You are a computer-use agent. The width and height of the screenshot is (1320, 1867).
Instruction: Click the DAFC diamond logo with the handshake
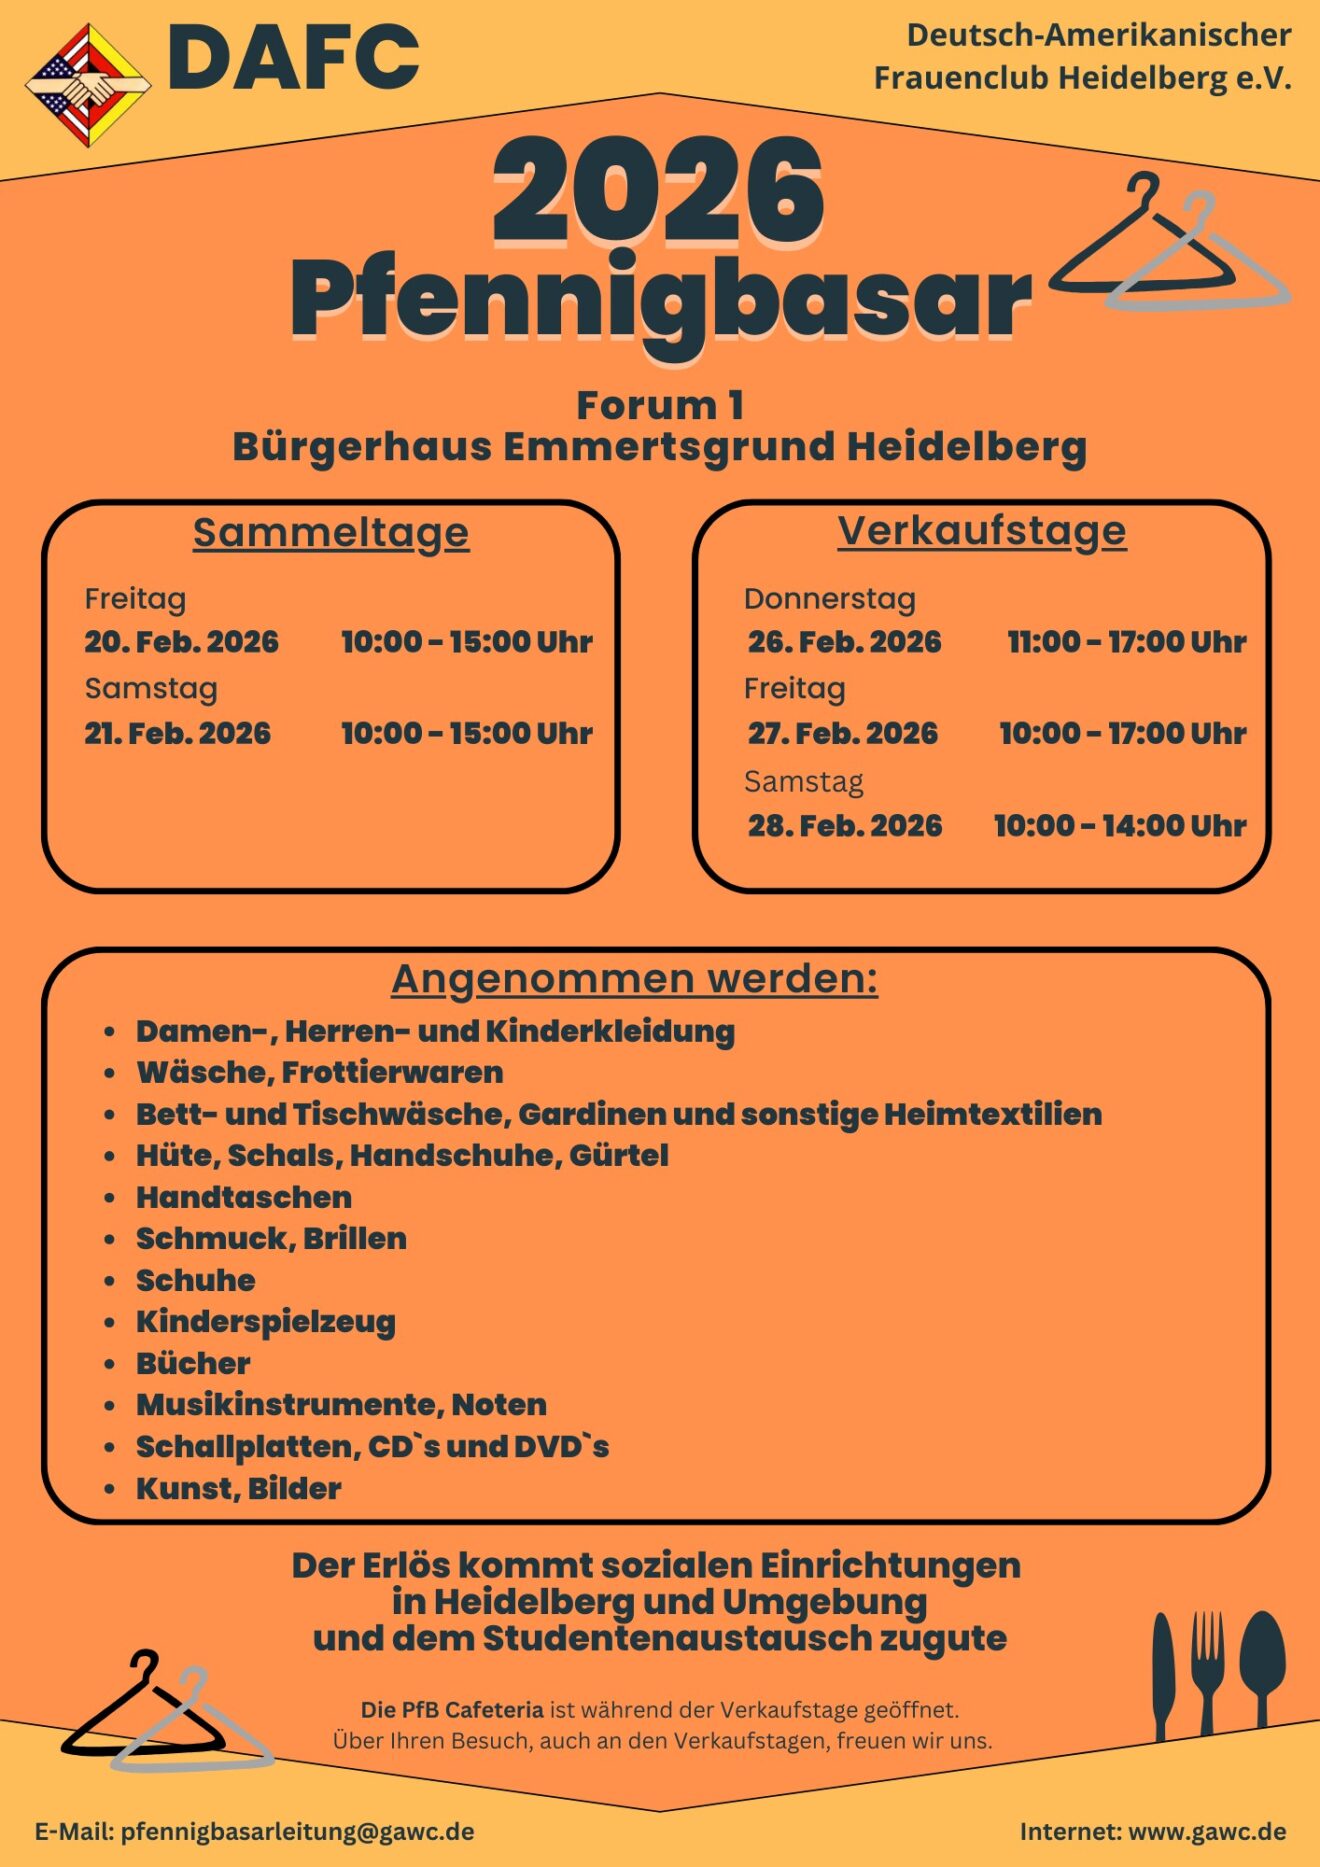click(88, 85)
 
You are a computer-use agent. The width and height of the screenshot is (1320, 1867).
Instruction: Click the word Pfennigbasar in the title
click(660, 299)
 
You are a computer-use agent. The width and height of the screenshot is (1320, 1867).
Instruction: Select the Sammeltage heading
click(330, 532)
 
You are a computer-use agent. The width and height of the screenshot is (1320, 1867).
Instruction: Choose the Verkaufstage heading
click(981, 530)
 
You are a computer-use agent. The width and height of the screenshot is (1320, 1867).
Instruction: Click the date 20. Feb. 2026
click(181, 641)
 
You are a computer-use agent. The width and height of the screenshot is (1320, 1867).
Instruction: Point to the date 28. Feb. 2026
click(845, 825)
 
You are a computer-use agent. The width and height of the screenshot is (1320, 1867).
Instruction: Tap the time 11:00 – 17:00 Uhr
click(1126, 641)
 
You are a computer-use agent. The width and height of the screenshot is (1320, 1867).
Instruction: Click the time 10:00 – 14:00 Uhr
click(1119, 825)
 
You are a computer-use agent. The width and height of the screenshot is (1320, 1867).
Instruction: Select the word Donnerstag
click(829, 598)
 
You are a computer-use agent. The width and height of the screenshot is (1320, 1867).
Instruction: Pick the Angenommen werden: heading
click(634, 978)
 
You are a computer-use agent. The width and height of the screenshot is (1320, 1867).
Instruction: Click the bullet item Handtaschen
click(244, 1197)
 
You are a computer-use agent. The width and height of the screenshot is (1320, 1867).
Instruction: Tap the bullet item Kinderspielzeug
click(266, 1321)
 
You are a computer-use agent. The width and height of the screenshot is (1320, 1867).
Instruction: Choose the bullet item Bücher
click(193, 1363)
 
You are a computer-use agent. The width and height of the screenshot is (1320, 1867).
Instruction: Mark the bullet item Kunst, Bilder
click(239, 1488)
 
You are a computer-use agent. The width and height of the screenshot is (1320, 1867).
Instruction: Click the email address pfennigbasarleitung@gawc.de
click(297, 1831)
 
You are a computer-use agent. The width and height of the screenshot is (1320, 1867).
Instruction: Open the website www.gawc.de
click(1207, 1831)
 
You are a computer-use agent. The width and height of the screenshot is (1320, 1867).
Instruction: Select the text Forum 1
click(660, 405)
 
